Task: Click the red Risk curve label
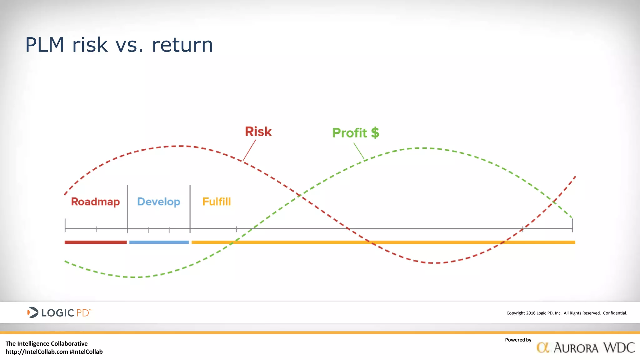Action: [x=258, y=132]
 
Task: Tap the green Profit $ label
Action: [x=355, y=133]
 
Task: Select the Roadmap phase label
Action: [x=95, y=202]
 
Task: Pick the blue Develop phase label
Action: [x=159, y=202]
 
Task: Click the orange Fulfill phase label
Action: [x=217, y=202]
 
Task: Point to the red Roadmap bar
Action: [x=96, y=242]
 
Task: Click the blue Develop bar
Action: [x=159, y=242]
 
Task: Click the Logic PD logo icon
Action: [x=32, y=312]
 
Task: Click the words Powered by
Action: [x=518, y=340]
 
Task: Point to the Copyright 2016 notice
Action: [x=566, y=313]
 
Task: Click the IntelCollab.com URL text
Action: [x=37, y=352]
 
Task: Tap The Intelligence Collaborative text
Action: [x=47, y=344]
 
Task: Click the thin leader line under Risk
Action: [x=249, y=150]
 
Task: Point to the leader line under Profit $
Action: [x=359, y=151]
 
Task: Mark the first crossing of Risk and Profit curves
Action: [x=299, y=195]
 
